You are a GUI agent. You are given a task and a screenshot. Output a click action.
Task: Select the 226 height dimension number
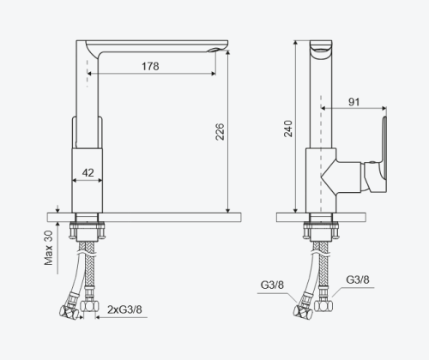coord(220,131)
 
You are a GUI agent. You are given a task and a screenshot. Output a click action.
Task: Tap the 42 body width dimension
coord(87,171)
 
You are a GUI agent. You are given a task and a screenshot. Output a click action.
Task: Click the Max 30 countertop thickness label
coord(49,247)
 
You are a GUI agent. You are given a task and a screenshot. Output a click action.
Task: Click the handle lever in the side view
coord(377,154)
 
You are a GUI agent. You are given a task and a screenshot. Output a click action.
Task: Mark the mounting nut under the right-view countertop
coord(319,231)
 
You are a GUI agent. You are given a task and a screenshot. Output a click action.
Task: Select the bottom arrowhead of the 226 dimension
coord(228,210)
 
